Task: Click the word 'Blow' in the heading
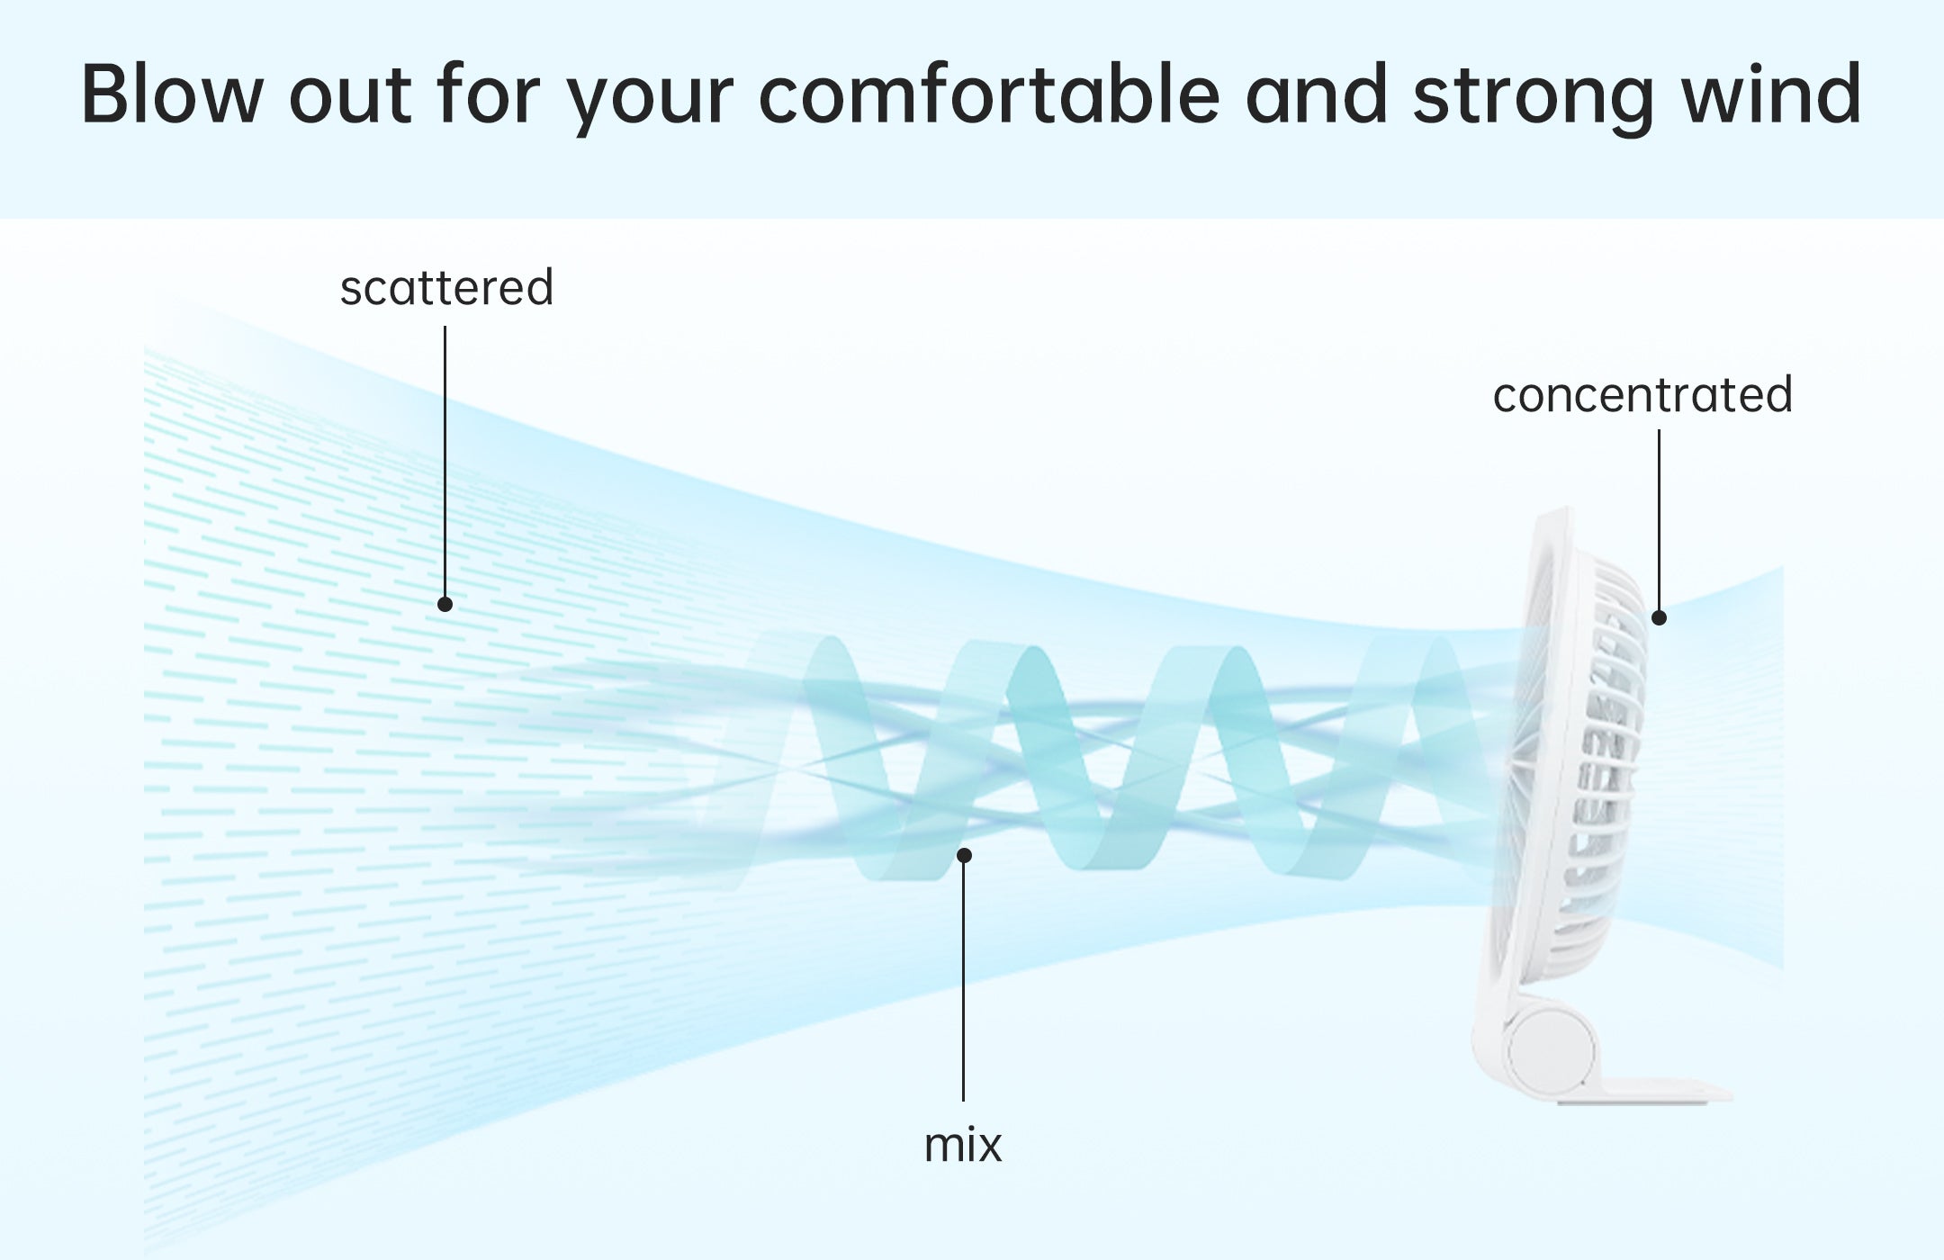169,94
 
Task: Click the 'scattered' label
446,288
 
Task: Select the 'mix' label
963,1146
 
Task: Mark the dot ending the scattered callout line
445,604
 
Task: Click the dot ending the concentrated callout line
1659,617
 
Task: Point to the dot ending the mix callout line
964,855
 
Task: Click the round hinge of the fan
1549,1050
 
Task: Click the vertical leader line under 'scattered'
445,461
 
